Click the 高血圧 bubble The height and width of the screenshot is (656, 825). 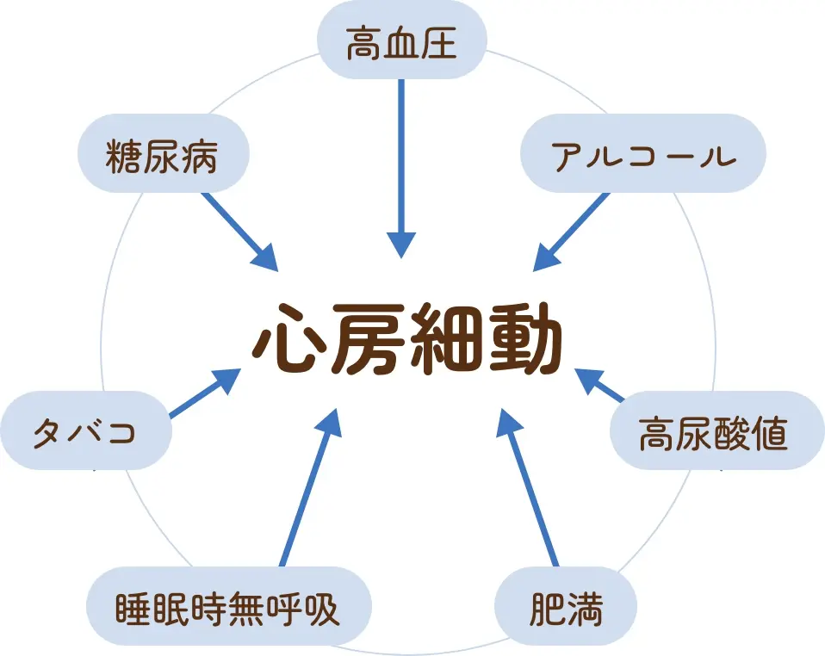coord(402,40)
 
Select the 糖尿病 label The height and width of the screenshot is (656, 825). coord(164,155)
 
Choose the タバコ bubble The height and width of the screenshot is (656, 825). coord(86,430)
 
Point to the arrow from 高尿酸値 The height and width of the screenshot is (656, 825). coord(600,385)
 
